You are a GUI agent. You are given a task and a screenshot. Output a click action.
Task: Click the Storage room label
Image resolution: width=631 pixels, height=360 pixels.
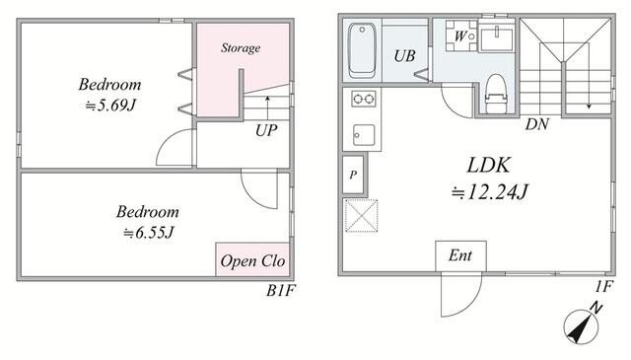241,48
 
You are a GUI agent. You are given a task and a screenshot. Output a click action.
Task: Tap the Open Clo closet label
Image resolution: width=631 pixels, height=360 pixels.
252,261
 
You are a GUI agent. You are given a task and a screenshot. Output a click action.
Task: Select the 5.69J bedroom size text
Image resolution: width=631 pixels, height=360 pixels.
110,106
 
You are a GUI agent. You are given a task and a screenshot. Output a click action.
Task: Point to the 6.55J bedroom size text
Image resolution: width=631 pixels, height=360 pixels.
149,233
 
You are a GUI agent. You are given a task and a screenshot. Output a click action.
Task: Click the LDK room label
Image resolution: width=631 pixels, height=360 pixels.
489,165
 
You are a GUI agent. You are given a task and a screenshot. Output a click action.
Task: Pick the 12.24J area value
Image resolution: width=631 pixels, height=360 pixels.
489,192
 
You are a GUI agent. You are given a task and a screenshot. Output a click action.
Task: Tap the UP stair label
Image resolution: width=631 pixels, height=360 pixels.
266,130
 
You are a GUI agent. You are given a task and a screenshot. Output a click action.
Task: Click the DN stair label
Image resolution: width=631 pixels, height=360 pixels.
536,124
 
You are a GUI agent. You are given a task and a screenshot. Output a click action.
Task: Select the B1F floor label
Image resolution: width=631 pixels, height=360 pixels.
280,290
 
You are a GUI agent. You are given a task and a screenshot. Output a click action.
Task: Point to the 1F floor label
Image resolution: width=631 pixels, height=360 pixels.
603,286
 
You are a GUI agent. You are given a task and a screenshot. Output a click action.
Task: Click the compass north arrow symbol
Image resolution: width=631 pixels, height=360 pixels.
582,327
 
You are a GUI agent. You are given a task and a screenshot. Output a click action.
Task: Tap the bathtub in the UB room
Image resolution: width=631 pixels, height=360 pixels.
362,50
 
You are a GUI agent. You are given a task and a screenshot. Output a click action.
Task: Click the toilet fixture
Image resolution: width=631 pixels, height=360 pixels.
495,94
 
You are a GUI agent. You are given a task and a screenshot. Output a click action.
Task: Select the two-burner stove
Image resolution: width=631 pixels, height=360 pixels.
364,99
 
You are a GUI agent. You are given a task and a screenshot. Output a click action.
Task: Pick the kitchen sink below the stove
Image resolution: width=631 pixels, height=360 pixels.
364,135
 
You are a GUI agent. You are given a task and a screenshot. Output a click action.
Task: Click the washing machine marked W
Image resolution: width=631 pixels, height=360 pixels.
461,36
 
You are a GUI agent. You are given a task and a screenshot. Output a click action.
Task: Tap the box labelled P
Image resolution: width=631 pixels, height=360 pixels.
353,175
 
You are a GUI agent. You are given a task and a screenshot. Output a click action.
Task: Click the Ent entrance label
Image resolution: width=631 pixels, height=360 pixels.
460,255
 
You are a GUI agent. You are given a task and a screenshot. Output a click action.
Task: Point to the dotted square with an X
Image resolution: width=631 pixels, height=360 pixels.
362,215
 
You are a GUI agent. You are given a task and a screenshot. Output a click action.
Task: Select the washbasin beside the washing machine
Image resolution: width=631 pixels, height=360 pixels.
497,38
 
